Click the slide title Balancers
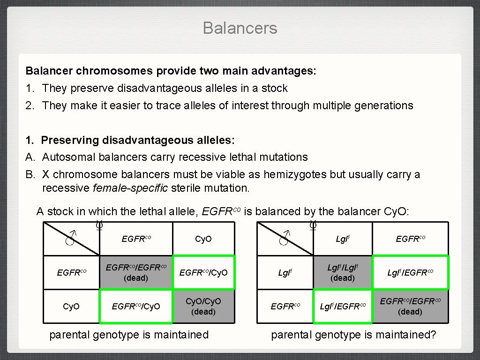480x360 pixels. (240, 28)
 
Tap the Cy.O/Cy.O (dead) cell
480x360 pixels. (203, 306)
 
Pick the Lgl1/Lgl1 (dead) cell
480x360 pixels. (342, 272)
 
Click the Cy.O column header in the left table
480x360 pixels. (203, 239)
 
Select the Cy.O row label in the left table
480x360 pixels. (72, 306)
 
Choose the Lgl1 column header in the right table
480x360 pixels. (342, 239)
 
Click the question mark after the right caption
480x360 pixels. (433, 335)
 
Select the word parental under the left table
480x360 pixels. (69, 335)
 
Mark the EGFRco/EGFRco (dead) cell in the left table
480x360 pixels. (136, 272)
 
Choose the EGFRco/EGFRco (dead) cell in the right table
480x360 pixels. (410, 306)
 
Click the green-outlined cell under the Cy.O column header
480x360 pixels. (203, 272)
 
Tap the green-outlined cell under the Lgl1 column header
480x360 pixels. (342, 306)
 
